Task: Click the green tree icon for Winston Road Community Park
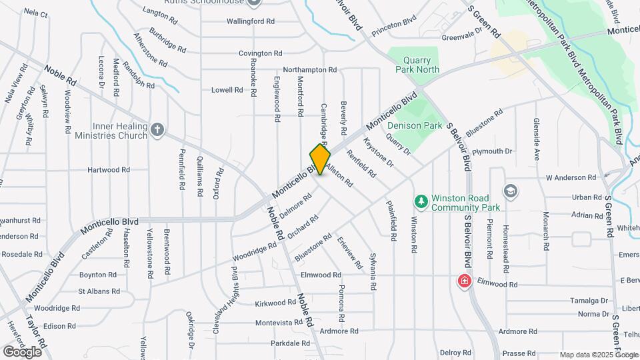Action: pyautogui.click(x=421, y=200)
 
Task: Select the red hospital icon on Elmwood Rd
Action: pyautogui.click(x=463, y=281)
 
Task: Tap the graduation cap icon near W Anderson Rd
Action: pyautogui.click(x=511, y=191)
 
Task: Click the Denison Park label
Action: pyautogui.click(x=415, y=125)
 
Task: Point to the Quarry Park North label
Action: pyautogui.click(x=417, y=63)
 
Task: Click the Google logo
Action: pyautogui.click(x=22, y=351)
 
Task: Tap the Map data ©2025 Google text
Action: pyautogui.click(x=599, y=355)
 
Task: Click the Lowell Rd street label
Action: pyautogui.click(x=227, y=90)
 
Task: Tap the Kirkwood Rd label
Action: pyautogui.click(x=275, y=303)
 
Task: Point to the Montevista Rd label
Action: pyautogui.click(x=279, y=323)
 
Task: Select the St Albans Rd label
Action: pyautogui.click(x=99, y=291)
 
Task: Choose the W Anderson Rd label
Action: pyautogui.click(x=571, y=177)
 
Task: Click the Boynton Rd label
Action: pyautogui.click(x=98, y=275)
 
